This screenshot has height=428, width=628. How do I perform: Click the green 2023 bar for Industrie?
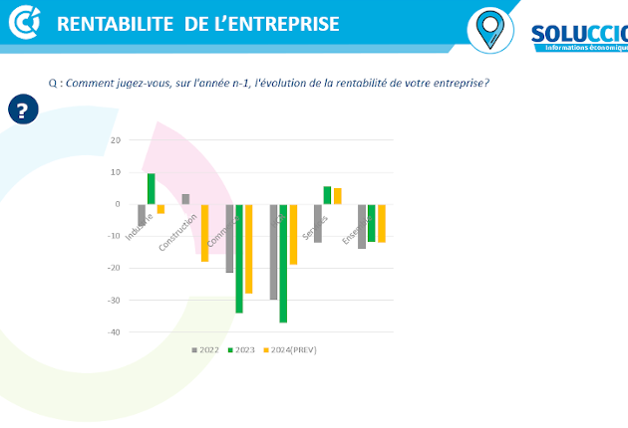[152, 189]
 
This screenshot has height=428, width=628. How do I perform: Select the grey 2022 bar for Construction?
[185, 199]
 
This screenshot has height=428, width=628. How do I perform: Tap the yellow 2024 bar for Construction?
[204, 233]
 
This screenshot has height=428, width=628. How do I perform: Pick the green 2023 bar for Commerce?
[239, 259]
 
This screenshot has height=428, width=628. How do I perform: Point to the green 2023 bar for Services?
[327, 195]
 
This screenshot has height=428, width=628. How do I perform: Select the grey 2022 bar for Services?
[318, 223]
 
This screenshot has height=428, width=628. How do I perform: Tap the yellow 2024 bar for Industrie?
[160, 209]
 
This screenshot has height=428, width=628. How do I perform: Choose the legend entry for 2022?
[205, 350]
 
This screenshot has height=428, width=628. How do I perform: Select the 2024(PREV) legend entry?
[289, 350]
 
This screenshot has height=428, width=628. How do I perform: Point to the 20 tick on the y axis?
[116, 140]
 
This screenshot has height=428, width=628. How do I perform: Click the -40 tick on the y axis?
[114, 332]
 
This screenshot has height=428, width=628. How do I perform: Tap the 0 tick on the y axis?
[118, 204]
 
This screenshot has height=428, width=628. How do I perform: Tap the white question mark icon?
[23, 109]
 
